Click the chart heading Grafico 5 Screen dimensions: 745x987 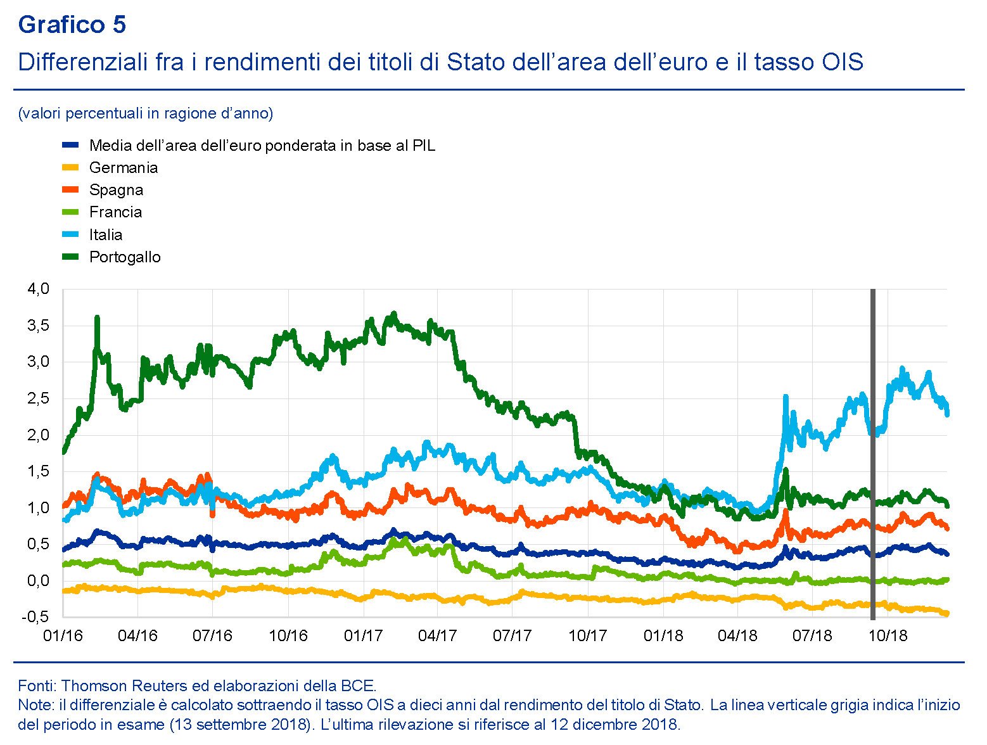(x=72, y=25)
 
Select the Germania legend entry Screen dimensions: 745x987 (x=123, y=168)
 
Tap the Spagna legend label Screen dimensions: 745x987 (x=116, y=190)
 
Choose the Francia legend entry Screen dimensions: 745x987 (x=115, y=212)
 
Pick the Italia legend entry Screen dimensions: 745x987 (x=105, y=235)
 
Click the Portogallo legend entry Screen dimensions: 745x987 (x=125, y=257)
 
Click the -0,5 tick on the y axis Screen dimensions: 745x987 (x=36, y=617)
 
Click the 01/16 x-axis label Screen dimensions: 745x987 (x=63, y=635)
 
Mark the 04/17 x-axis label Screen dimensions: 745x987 (x=438, y=635)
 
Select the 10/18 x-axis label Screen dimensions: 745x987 (x=888, y=635)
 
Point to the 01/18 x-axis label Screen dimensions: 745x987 (x=663, y=635)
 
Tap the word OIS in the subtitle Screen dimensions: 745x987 (x=842, y=62)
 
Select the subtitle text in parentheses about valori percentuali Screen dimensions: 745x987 (x=146, y=113)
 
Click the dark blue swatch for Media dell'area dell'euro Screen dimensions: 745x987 (x=70, y=145)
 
